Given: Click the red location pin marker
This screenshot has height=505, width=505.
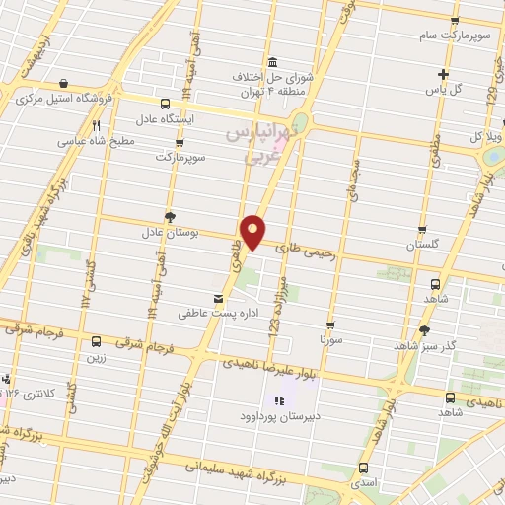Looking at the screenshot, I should (253, 231).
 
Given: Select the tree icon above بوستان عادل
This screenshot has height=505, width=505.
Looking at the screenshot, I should (172, 216).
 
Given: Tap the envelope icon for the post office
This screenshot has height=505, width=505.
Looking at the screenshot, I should (218, 296).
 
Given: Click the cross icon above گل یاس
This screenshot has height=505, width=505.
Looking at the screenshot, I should (444, 74).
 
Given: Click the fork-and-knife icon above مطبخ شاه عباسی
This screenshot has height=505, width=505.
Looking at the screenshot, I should (96, 126).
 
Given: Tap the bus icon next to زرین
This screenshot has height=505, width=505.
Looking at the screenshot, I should (96, 341).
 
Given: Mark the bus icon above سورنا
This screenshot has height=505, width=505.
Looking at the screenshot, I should (329, 324).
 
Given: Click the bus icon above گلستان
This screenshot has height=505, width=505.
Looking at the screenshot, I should (423, 230).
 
